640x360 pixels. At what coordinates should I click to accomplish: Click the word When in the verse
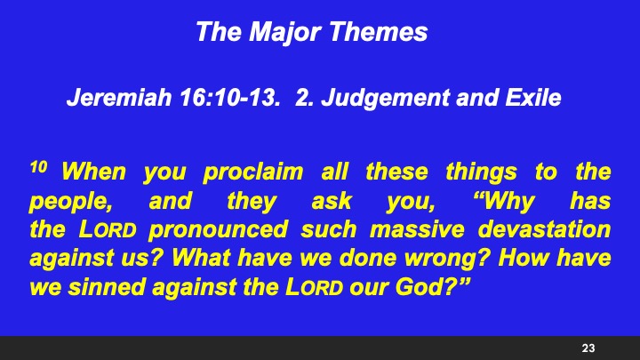[x=94, y=171]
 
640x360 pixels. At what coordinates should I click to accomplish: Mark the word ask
[x=331, y=201]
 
